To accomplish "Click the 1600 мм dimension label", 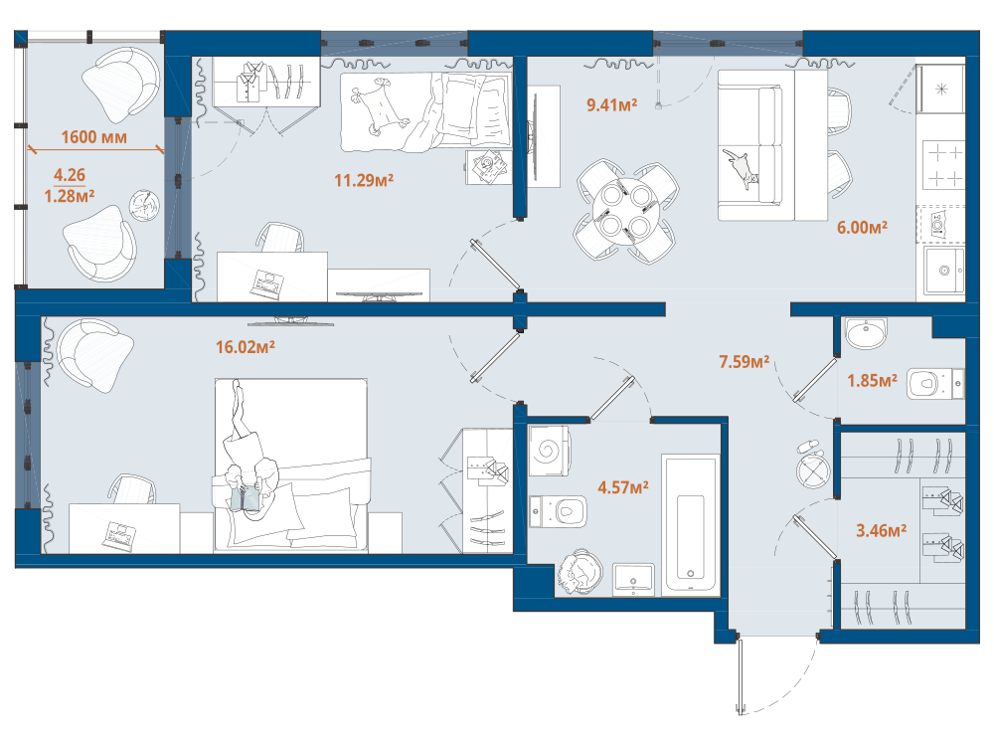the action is [93, 137].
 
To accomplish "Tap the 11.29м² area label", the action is [364, 181].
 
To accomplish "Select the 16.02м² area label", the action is [246, 347].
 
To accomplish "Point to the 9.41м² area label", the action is [611, 104].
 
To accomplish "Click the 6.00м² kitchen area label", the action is [862, 227].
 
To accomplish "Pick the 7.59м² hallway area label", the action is [745, 362].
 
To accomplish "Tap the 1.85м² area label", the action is [873, 381].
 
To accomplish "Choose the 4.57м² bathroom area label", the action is [623, 487].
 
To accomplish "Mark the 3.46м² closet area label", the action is [881, 530].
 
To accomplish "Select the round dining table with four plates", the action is [625, 211].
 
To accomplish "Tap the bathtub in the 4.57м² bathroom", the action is [691, 525].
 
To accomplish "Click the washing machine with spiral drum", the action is [549, 451].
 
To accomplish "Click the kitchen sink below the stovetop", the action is [944, 271].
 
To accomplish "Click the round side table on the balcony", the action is [144, 205].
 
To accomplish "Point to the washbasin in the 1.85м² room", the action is [866, 333].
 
